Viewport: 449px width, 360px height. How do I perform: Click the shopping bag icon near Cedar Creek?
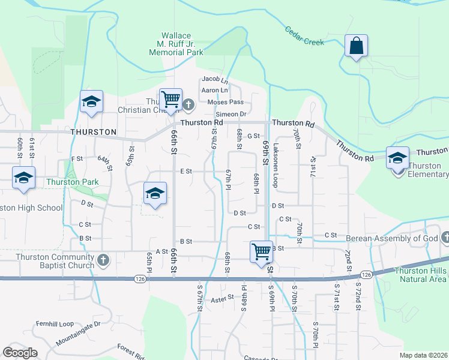(356, 46)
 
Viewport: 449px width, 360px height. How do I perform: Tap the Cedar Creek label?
(304, 36)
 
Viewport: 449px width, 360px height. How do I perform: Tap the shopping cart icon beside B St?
(261, 252)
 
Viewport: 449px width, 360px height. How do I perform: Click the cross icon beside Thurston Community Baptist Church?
(103, 260)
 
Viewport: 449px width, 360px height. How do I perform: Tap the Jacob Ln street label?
(215, 79)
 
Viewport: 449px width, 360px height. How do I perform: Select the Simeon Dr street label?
(231, 114)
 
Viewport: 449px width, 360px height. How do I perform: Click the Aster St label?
(221, 298)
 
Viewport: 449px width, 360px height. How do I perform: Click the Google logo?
(20, 353)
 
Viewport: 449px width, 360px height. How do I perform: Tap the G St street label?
(253, 136)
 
